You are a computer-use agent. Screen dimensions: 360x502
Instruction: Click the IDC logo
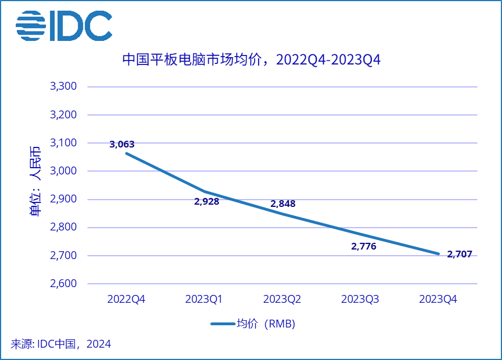pos(64,26)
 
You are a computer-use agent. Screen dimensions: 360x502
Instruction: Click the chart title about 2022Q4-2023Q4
pos(251,59)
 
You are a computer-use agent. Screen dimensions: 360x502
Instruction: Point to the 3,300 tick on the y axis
pos(63,87)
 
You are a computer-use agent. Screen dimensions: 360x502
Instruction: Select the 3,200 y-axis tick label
pos(63,115)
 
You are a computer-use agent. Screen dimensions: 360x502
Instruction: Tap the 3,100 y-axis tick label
pos(63,143)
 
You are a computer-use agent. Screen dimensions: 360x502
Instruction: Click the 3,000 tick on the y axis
pos(63,171)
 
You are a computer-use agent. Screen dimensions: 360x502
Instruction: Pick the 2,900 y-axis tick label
pos(63,199)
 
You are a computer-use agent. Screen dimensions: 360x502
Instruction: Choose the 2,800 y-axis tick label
pos(63,228)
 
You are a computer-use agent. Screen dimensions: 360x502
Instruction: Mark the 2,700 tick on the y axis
pos(63,256)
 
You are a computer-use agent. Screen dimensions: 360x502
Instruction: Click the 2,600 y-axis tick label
pos(63,284)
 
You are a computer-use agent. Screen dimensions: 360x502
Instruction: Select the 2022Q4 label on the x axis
pos(126,299)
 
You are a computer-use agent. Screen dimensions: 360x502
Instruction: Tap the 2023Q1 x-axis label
pos(204,299)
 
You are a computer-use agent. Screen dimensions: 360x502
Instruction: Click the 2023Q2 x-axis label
pos(282,299)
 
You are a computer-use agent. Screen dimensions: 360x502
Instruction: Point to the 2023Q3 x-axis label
pos(360,299)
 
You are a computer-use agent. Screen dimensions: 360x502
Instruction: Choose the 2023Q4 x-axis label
pos(438,299)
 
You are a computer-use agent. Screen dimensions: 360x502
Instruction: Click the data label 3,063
pos(122,144)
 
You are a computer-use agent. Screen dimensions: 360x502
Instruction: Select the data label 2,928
pos(206,201)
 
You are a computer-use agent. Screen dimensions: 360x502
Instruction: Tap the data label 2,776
pos(363,246)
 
